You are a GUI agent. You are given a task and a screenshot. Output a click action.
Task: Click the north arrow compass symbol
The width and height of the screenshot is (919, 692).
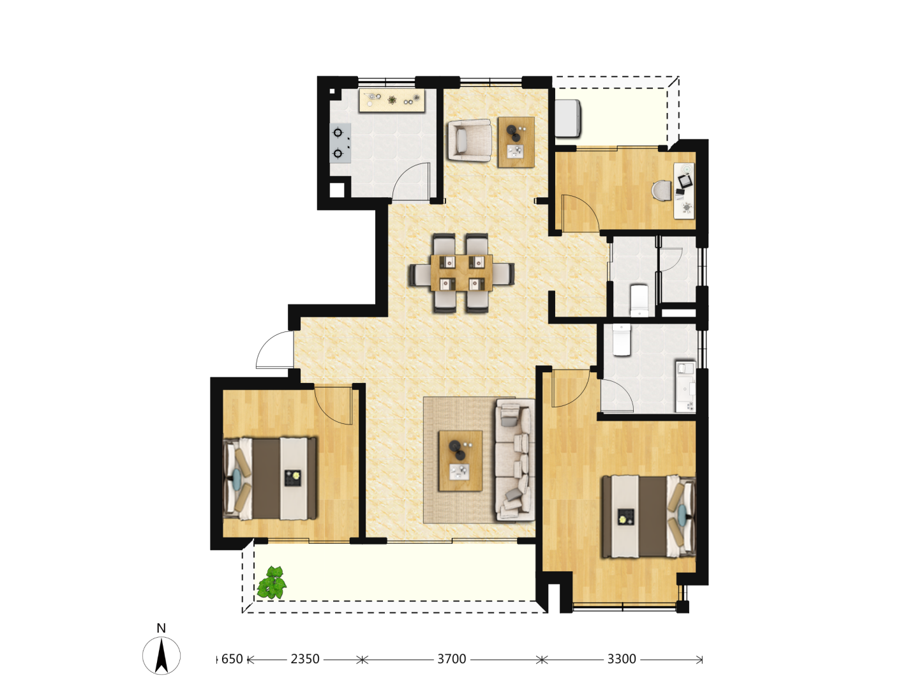pos(161,656)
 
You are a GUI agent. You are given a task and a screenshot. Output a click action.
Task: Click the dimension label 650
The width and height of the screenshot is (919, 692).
pos(232,659)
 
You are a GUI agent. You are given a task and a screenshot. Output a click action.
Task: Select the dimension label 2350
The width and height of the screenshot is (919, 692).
pos(305,659)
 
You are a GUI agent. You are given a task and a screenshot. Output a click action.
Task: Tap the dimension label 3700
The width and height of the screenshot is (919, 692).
pos(452,659)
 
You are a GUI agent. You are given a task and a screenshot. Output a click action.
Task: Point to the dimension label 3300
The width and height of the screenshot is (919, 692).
pos(622,659)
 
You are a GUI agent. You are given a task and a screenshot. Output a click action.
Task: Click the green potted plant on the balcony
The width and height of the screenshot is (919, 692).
pos(272,582)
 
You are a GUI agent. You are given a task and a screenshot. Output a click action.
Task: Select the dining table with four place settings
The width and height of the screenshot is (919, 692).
pos(462,273)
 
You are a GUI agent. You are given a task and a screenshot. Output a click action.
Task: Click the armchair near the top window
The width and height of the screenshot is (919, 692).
pos(469,140)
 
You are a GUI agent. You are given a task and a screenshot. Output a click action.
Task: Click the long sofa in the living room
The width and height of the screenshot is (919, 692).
pos(515,460)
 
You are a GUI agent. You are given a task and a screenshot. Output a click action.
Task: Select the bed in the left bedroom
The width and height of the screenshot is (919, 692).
pos(270,479)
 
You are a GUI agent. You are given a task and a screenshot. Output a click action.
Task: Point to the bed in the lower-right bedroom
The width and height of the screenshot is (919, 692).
pos(649,516)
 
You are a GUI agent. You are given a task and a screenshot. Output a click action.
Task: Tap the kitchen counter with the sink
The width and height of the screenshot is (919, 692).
pos(392,100)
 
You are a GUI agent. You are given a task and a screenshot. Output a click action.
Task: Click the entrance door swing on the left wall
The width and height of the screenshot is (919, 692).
pos(275,349)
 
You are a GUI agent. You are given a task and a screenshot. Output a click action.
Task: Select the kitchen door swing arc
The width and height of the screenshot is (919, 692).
pos(411,181)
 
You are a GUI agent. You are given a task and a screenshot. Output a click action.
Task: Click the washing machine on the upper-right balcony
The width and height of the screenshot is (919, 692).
pos(567,119)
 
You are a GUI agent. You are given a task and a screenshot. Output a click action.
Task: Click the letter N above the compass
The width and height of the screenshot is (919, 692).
pos(161,628)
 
